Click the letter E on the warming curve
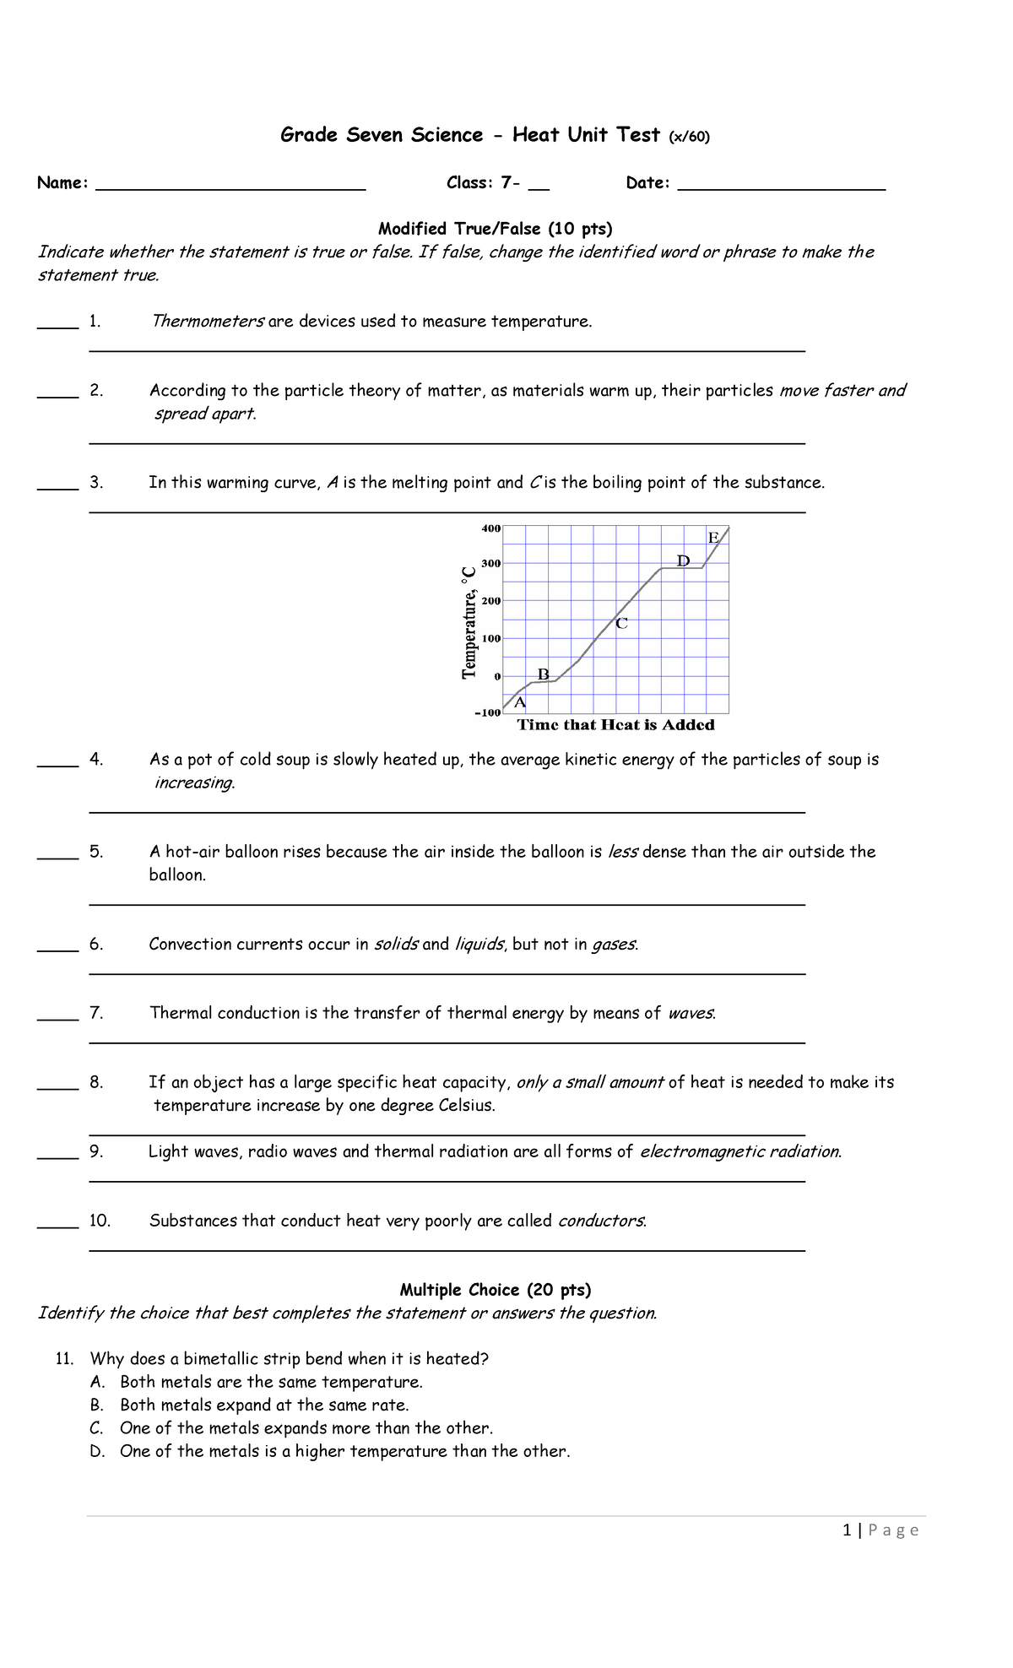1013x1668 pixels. pos(713,538)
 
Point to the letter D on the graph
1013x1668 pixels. pos(684,561)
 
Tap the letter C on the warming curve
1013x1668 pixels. pos(621,624)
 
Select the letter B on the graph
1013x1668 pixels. pos(544,674)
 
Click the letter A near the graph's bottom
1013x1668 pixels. pos(520,702)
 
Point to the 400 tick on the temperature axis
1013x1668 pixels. pos(491,528)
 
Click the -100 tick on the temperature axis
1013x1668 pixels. pos(488,713)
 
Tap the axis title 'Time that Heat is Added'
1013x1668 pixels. pos(615,725)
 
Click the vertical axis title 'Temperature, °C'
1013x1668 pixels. pos(469,622)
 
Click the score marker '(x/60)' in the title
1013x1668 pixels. pos(689,137)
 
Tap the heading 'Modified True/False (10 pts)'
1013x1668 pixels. pos(495,229)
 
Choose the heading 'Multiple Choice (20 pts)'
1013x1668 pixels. pos(495,1290)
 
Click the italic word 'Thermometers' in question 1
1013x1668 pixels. pos(208,322)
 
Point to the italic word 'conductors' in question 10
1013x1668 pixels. pos(601,1221)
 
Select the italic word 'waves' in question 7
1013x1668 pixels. pos(691,1013)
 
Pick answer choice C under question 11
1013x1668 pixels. pos(306,1428)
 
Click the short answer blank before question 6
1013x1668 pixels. pos(57,949)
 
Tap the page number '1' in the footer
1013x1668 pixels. pos(847,1530)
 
